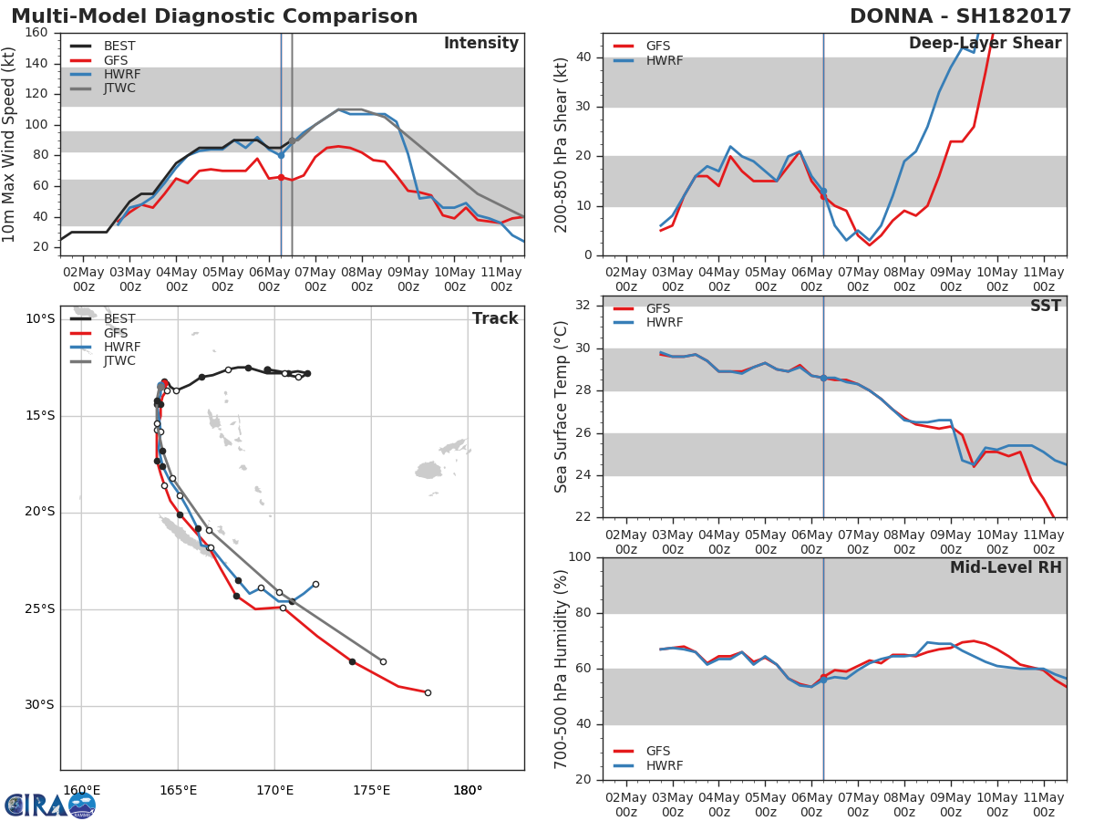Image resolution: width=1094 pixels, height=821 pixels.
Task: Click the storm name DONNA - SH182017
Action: (960, 16)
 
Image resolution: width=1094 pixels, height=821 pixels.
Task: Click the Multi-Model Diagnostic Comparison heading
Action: (214, 16)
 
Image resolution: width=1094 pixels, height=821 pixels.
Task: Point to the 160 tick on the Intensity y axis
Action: (36, 33)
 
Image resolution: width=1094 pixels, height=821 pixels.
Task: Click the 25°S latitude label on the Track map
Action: (39, 609)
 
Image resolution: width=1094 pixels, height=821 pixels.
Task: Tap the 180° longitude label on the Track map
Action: (468, 791)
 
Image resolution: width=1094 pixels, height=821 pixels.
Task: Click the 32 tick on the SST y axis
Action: (583, 305)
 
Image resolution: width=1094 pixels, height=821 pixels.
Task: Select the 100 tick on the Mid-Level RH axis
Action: (579, 556)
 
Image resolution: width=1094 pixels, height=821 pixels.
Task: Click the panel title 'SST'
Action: (1045, 306)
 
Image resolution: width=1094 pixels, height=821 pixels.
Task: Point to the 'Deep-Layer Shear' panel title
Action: (986, 44)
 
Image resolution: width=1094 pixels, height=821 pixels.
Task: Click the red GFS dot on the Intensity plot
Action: (281, 178)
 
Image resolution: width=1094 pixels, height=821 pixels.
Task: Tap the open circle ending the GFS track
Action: (428, 693)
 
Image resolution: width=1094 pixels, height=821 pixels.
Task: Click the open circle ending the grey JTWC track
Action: (383, 662)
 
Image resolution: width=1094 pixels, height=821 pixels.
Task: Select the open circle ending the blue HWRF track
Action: (315, 584)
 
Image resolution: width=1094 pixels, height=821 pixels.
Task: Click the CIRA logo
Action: (50, 805)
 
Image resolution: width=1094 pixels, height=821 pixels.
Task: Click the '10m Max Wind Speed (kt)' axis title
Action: (8, 144)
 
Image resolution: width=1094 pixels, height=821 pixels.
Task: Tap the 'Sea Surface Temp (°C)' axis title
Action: (561, 407)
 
